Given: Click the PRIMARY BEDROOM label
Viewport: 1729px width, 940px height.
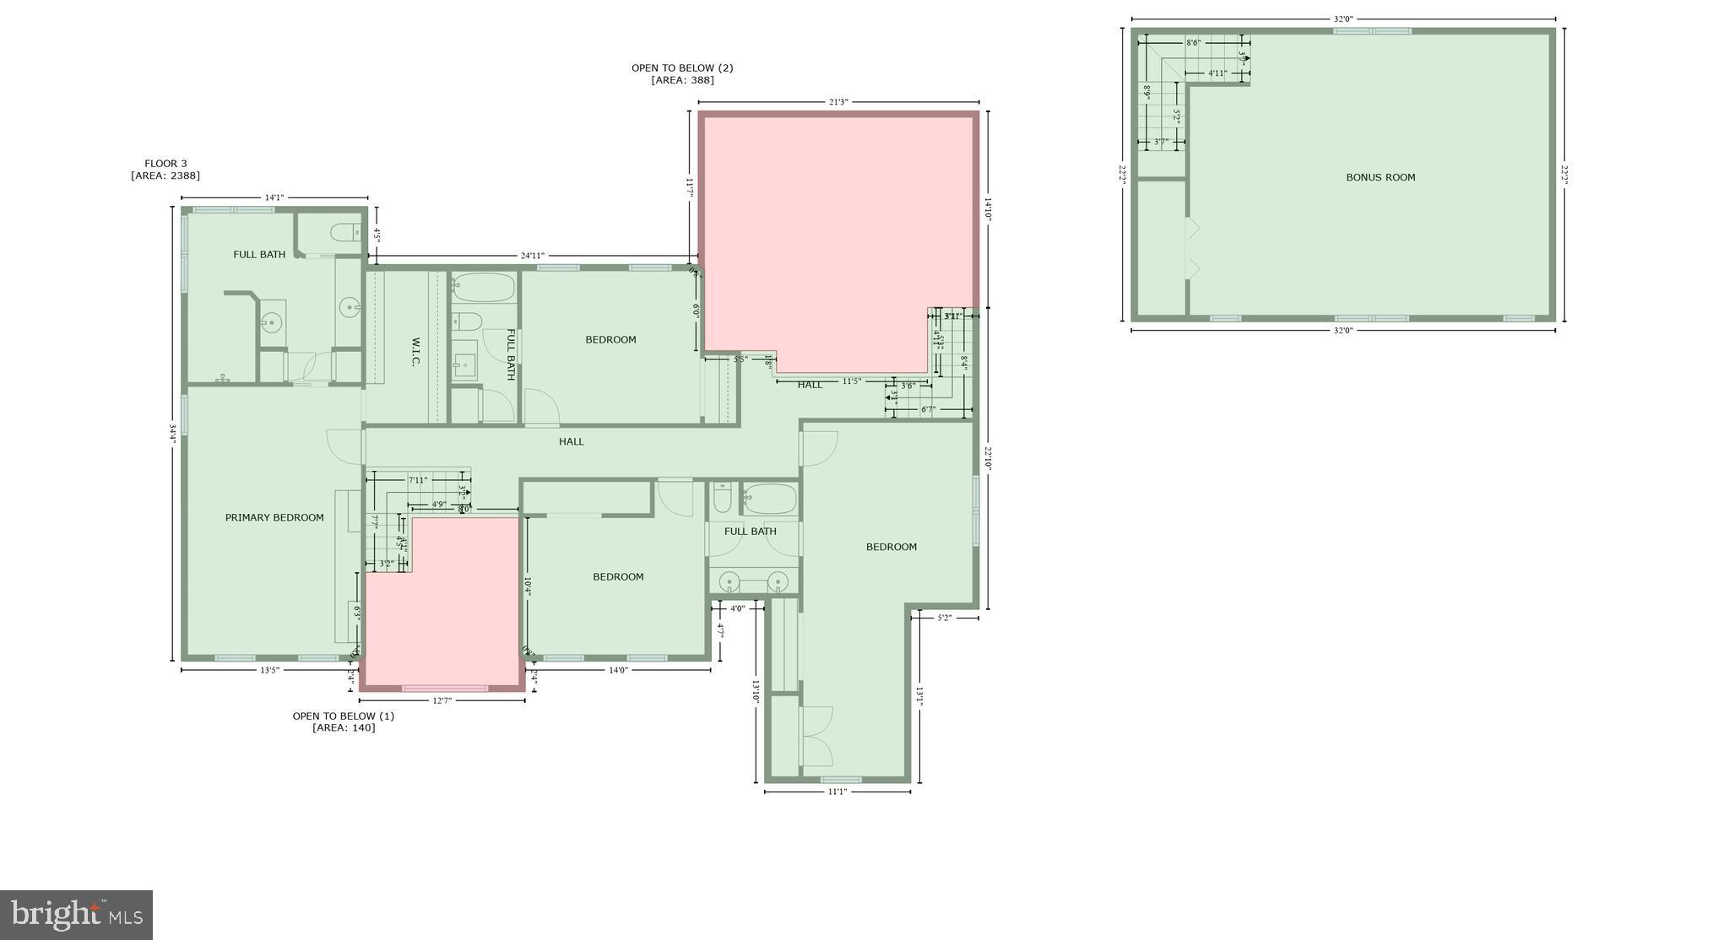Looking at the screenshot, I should coord(274,517).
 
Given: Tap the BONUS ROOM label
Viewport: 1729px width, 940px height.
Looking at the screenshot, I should coord(1380,177).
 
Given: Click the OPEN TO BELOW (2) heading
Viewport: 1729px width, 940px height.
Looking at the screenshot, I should coord(682,68).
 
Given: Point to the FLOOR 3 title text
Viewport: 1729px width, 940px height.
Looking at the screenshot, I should coord(165,164).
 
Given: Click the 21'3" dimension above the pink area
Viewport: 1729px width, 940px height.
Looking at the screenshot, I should coord(837,102).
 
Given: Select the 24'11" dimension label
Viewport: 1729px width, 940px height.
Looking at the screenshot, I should coord(532,256).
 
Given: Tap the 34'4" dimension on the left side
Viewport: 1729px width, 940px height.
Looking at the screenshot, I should coord(172,433).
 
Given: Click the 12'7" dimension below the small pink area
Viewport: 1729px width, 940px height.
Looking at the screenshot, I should coord(442,700).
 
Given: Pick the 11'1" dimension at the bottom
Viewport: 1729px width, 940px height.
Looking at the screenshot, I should coord(837,791).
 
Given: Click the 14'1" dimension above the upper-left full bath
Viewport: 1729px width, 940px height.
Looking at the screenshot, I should coord(274,197).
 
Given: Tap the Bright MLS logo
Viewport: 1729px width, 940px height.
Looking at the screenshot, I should coord(76,915).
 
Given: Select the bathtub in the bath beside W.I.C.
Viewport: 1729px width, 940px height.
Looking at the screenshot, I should coord(483,288).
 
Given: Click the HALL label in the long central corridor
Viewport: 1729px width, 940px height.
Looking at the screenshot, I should coord(571,441).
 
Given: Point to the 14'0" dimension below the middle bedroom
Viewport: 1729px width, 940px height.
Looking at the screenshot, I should coord(618,670).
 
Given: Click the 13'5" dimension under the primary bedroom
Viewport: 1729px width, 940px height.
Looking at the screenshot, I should coord(269,670).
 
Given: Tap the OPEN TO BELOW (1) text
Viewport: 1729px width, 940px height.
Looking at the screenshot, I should coord(343,716).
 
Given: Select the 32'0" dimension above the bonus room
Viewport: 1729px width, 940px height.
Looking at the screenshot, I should coord(1343,19).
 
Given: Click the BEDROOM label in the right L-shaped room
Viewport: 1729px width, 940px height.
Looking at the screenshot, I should coord(891,547).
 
